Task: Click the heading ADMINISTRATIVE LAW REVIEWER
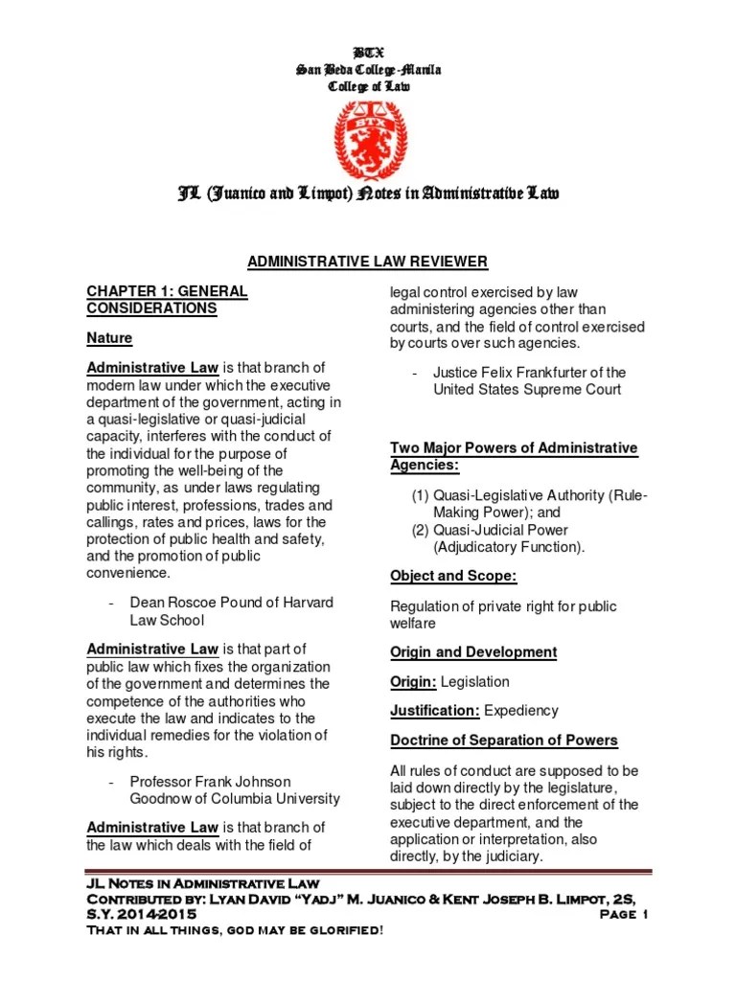pos(368,262)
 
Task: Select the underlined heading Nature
pos(109,338)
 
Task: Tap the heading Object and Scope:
pos(453,576)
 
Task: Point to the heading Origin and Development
pos(472,651)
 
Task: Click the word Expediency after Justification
pos(520,711)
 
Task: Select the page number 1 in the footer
pos(644,914)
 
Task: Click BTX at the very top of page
pos(368,52)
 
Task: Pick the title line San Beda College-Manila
pos(368,69)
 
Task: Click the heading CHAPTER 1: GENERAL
pos(167,290)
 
